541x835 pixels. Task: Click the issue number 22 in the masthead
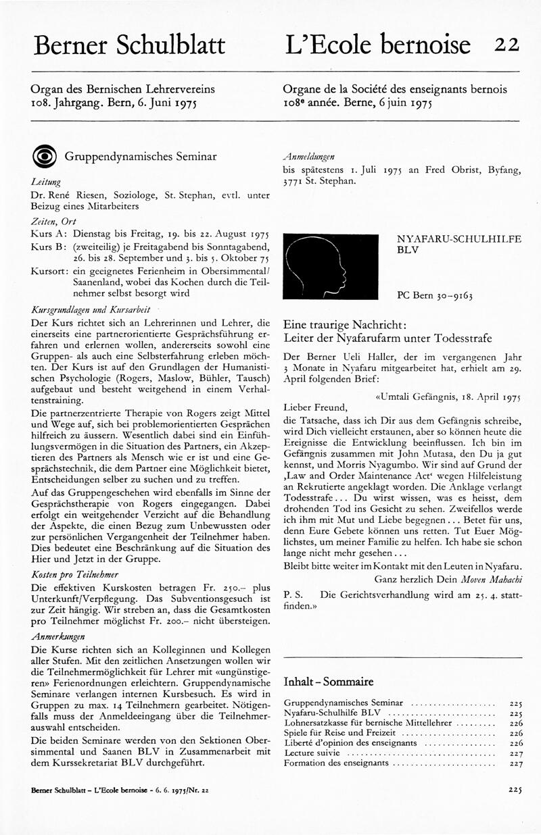(506, 45)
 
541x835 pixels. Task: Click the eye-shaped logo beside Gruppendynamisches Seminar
(44, 156)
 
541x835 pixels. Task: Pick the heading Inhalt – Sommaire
(328, 682)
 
